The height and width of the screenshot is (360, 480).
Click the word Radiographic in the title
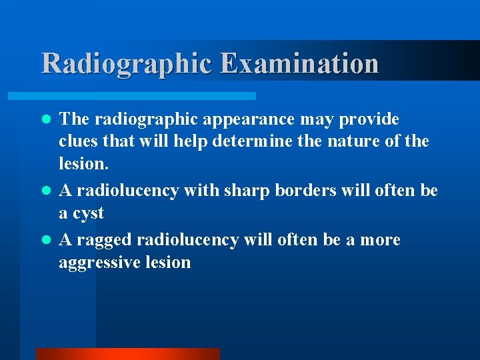click(x=127, y=64)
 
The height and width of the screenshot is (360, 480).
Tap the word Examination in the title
click(x=299, y=64)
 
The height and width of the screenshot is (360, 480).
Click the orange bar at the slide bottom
click(x=127, y=353)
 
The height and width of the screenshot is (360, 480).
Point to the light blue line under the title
click(x=147, y=96)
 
